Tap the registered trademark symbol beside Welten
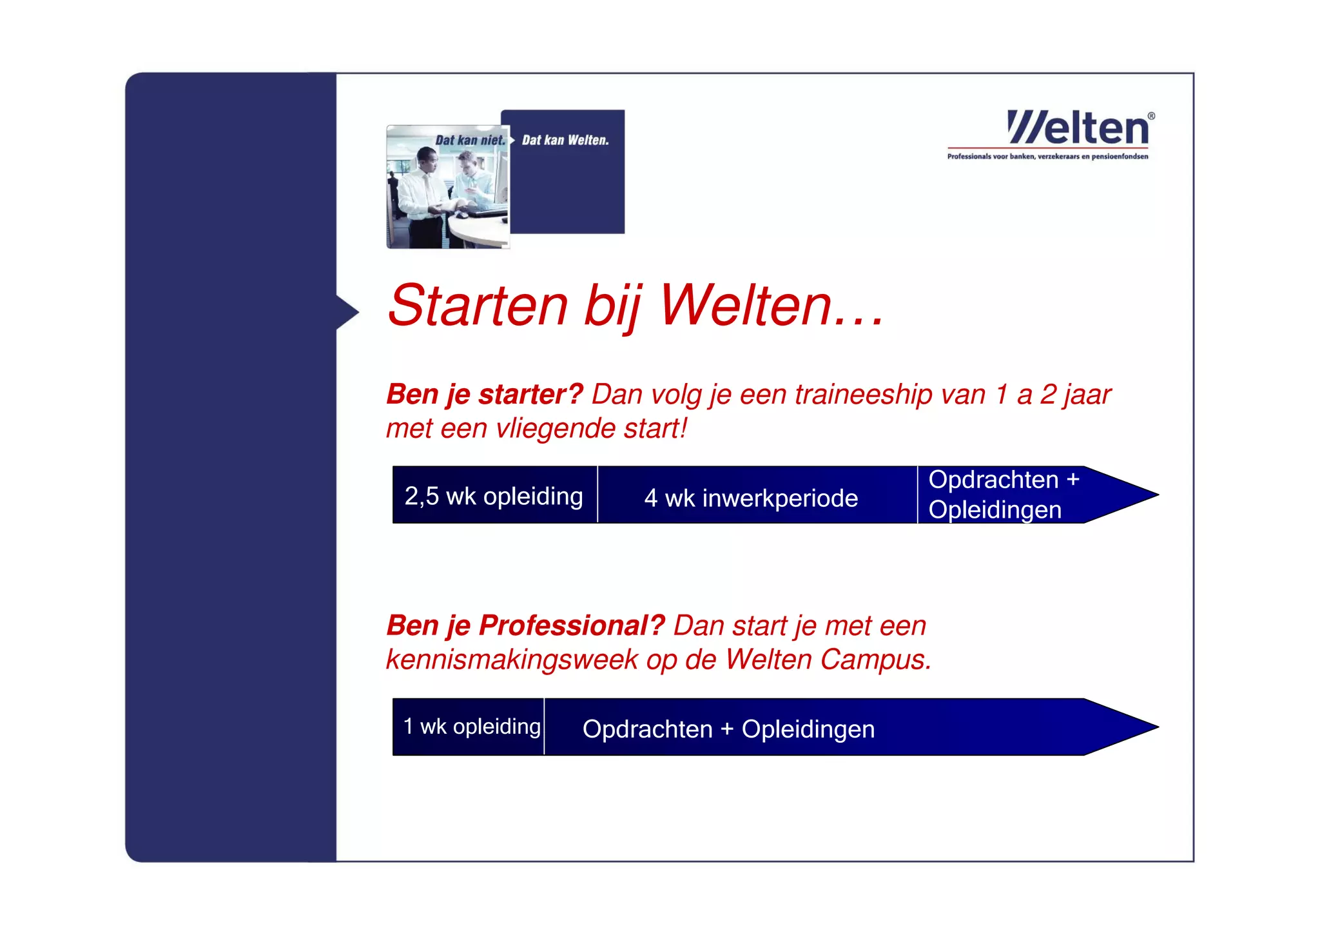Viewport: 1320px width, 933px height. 1151,116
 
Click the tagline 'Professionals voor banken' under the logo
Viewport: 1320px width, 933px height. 1047,157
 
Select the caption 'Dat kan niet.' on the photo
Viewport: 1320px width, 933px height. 470,140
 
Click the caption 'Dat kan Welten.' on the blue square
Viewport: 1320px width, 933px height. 565,140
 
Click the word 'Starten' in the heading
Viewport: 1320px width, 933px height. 478,306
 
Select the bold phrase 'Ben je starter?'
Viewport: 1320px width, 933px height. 484,394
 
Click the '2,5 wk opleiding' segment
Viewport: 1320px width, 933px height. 494,496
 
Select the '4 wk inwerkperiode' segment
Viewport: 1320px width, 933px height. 751,498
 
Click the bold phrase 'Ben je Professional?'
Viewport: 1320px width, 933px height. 525,625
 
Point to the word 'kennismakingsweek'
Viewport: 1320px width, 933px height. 512,660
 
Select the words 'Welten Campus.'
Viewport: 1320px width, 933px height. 828,660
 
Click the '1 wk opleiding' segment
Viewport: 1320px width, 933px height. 471,727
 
